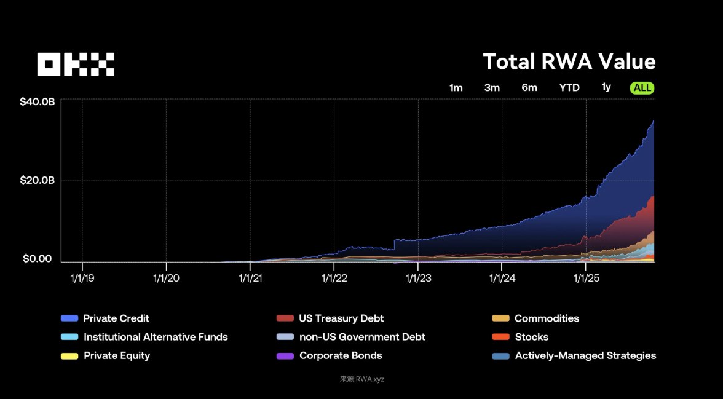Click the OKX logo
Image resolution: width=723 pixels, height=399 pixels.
point(76,64)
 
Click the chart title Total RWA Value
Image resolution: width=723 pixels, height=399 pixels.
point(569,62)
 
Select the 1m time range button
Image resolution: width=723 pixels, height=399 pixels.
point(456,87)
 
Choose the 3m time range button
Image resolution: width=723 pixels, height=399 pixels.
point(492,87)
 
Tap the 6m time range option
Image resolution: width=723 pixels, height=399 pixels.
point(529,87)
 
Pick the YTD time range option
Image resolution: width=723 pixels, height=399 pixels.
point(569,87)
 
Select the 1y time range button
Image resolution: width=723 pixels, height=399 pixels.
point(606,87)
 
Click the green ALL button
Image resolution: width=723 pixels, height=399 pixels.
point(642,87)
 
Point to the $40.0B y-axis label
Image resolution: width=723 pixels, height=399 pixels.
point(38,102)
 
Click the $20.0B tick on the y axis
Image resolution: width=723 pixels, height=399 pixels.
point(38,181)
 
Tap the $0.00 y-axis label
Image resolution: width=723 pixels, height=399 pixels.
point(38,259)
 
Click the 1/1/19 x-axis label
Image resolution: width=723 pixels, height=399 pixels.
point(82,278)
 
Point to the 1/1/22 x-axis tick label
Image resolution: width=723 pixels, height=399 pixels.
point(334,278)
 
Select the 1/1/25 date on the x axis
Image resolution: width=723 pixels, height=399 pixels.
point(586,278)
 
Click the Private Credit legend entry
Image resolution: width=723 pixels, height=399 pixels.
point(116,318)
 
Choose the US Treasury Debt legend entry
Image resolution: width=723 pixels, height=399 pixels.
point(341,318)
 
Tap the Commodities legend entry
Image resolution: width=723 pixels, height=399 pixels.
point(547,318)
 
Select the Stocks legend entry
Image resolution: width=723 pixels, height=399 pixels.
point(531,337)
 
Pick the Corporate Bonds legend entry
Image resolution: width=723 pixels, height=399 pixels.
point(341,355)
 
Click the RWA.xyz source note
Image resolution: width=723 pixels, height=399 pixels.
point(361,379)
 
